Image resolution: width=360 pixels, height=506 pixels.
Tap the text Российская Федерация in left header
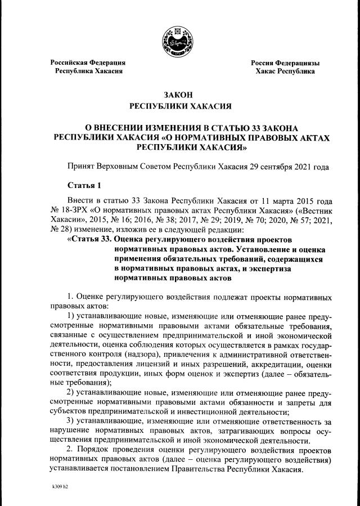[87, 62]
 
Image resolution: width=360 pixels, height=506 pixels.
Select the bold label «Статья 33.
[88, 238]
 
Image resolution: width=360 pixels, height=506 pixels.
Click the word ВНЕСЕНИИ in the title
[120, 127]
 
